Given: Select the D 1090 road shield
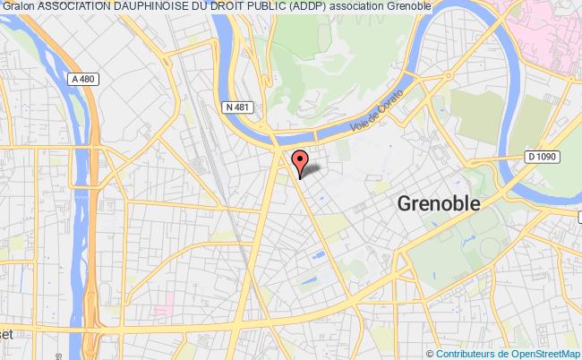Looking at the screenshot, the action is point(543,157).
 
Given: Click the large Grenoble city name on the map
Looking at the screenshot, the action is point(439,203).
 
